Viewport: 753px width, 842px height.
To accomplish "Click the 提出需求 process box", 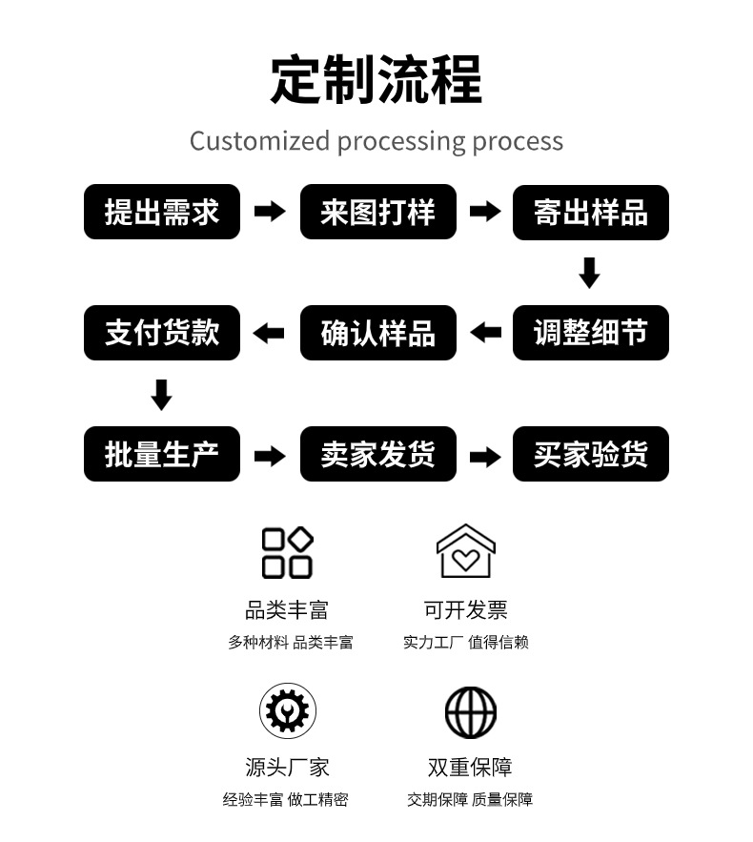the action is coord(161,212).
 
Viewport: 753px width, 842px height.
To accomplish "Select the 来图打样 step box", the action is coord(377,212).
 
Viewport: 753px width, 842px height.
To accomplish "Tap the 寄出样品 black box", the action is coord(590,212).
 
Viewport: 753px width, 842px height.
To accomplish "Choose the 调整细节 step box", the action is coord(590,333).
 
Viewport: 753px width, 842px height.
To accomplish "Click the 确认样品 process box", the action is coord(377,333).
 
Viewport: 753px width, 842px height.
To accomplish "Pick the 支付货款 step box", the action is coord(161,333).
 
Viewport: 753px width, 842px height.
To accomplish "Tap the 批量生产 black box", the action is coord(161,454).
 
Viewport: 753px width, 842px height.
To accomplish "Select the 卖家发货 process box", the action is coord(377,454).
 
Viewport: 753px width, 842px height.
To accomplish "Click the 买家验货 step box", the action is coord(590,454).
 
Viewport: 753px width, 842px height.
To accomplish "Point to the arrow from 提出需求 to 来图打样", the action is coord(270,211).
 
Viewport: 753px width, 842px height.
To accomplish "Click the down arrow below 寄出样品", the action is coord(589,273).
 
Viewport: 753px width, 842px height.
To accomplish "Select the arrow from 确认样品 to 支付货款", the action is coord(269,333).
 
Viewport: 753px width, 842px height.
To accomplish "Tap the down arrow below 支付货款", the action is coord(161,395).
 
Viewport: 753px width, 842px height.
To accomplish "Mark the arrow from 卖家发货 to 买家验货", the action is coord(485,457).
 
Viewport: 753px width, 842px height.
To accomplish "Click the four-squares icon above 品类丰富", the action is coord(287,552).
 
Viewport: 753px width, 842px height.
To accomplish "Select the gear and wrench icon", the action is coord(288,711).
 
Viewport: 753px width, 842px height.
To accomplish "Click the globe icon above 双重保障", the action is coord(471,712).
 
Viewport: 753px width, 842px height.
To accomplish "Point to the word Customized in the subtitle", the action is coord(260,141).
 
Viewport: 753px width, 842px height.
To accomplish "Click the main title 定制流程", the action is coord(376,79).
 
